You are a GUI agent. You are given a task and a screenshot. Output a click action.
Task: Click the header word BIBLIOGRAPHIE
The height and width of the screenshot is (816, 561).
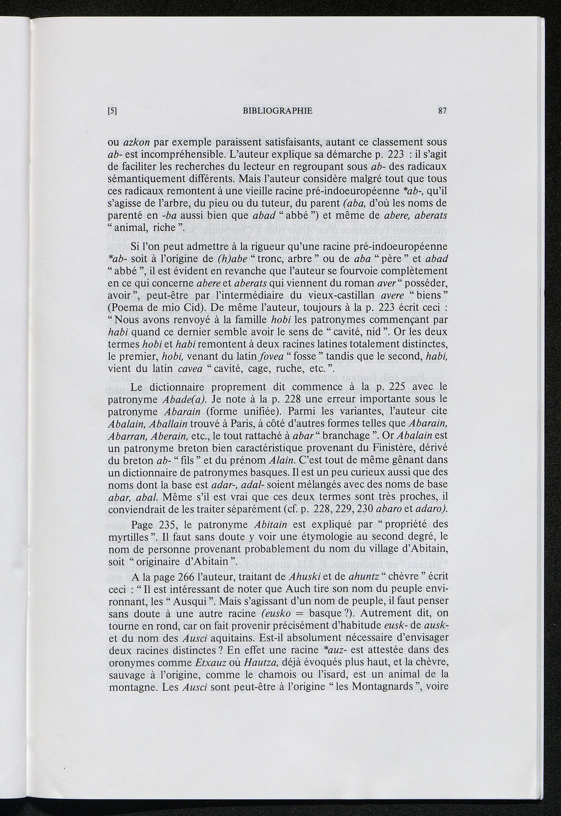coord(277,111)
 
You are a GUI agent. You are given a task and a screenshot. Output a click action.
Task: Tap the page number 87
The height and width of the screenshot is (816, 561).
coord(443,111)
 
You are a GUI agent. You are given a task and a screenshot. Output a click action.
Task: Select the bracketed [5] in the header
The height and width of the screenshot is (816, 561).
coord(112,111)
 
